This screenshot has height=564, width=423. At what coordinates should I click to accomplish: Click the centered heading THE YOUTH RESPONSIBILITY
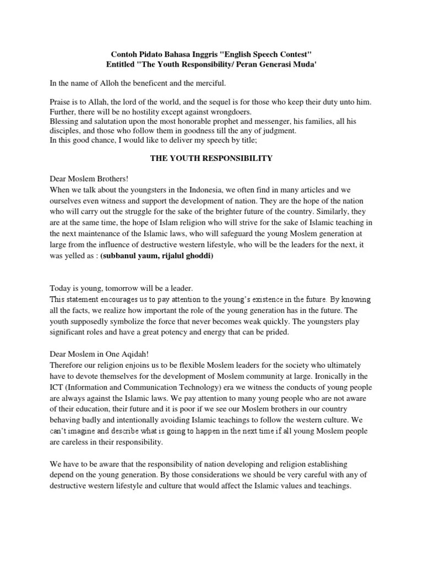click(x=211, y=159)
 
